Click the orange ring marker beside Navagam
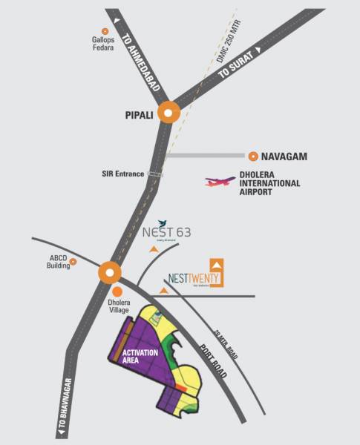[x=254, y=156]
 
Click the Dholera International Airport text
[x=269, y=183]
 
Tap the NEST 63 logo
[x=166, y=232]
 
